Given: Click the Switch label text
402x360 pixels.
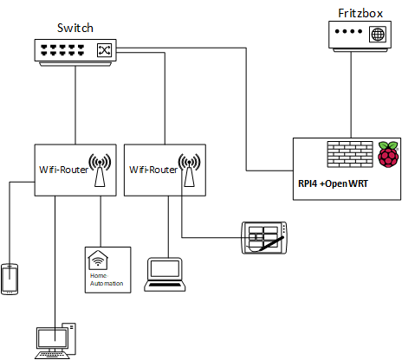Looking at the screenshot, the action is tap(75, 28).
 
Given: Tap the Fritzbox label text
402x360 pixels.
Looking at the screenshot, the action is tap(360, 13).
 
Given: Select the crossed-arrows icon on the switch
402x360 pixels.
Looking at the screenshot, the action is tap(104, 50).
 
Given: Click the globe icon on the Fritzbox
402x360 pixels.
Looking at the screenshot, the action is tap(378, 35).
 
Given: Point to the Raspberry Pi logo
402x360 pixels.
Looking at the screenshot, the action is tap(388, 154).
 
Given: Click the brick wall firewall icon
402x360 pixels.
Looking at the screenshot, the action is tap(350, 154).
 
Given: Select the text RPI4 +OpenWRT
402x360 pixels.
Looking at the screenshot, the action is tap(333, 183).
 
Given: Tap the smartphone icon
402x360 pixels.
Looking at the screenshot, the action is tap(10, 280).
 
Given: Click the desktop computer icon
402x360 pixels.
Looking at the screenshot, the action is tap(55, 341).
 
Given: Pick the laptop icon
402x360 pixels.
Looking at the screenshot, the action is tap(165, 274).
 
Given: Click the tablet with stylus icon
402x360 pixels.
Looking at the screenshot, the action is tap(264, 238).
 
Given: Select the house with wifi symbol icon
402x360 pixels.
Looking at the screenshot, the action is tap(98, 260).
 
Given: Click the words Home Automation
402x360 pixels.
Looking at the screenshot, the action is tap(107, 280).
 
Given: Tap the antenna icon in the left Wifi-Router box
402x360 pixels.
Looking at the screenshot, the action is tap(100, 170).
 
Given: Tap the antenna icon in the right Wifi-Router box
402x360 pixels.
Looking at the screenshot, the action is tap(189, 170).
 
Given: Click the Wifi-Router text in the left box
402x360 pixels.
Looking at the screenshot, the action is tap(63, 170).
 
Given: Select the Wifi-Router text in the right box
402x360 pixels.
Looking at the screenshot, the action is tap(153, 170).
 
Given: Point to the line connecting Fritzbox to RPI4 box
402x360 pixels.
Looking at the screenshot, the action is tap(351, 95).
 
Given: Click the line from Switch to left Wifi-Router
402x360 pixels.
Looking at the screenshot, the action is tap(75, 106).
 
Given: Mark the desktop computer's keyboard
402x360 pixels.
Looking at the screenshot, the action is tap(52, 355).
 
